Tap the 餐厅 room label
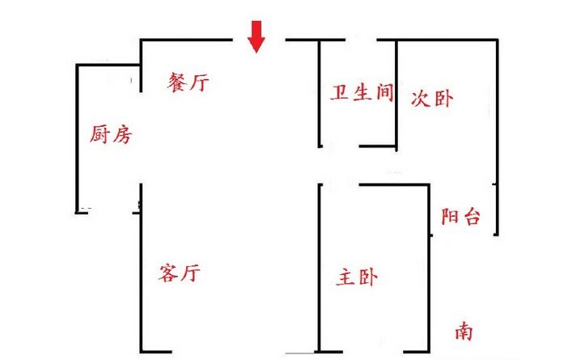tap(189, 83)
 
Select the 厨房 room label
tap(109, 134)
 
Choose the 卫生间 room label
tap(362, 93)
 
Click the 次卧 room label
tap(432, 100)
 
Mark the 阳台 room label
tap(461, 216)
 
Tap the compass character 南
tap(464, 331)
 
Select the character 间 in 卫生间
tap(384, 93)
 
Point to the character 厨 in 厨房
tap(99, 134)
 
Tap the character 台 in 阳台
tap(472, 216)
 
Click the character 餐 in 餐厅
tap(178, 83)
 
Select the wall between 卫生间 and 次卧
tap(396, 93)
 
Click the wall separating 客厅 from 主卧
tap(320, 267)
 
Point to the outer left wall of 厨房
tap(78, 138)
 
